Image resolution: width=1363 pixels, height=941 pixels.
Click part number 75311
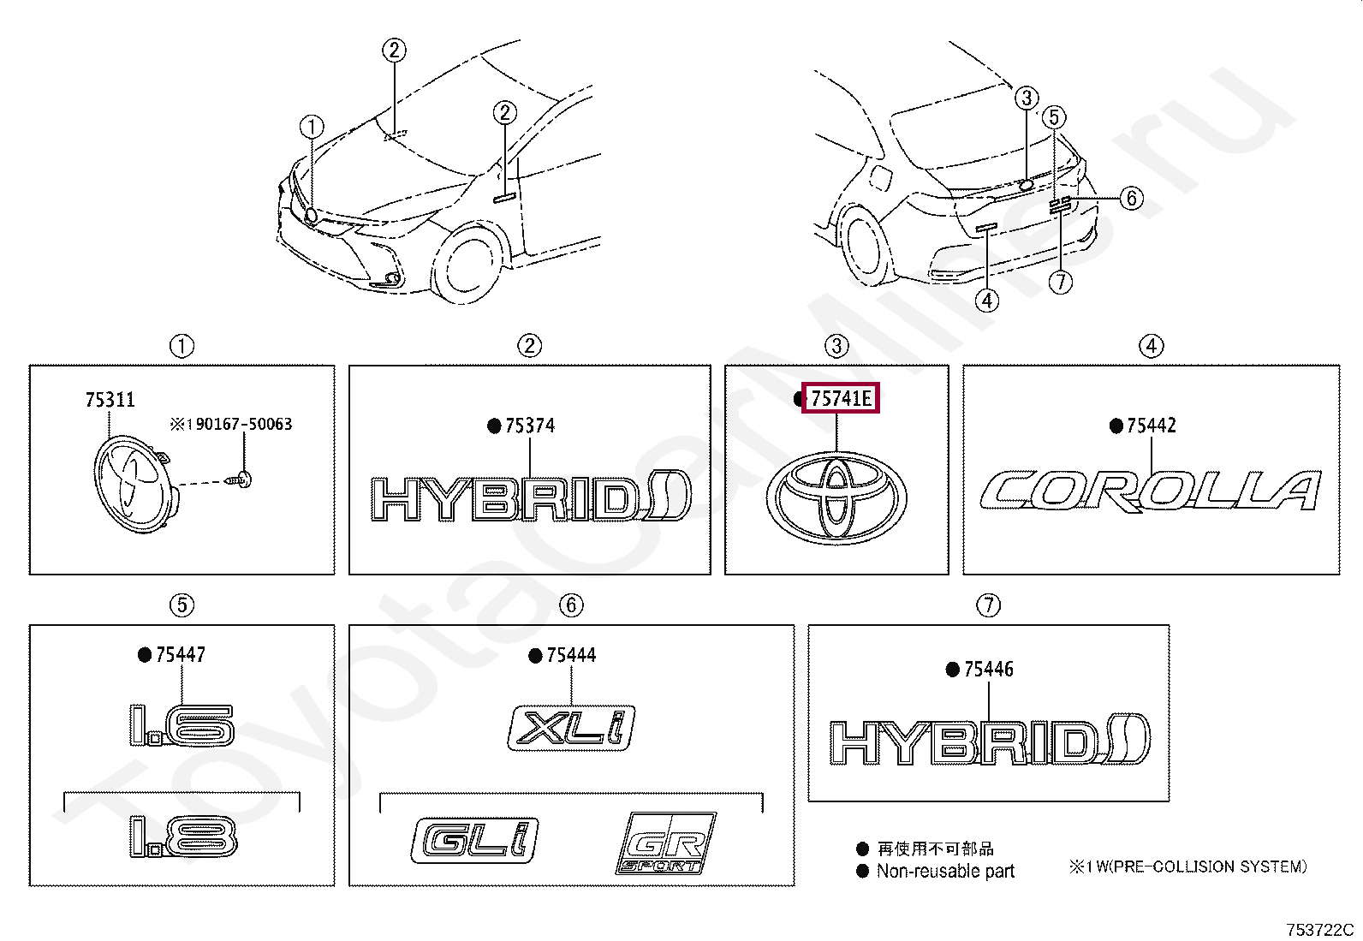click(110, 400)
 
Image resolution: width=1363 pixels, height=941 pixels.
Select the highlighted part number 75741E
click(840, 398)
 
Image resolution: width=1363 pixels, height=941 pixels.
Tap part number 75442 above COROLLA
click(1151, 426)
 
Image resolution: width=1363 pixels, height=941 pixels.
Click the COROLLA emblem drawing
click(1150, 491)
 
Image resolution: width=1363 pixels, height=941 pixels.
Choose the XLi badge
click(572, 728)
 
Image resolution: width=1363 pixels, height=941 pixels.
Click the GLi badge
click(475, 842)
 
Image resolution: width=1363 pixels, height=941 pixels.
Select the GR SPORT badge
click(665, 843)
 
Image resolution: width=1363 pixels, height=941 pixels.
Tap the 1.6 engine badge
click(181, 725)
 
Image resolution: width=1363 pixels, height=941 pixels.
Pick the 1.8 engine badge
click(182, 837)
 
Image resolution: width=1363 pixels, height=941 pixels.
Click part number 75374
click(529, 426)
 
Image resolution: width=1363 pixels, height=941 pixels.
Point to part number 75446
click(988, 670)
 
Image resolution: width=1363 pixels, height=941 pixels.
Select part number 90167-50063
click(235, 424)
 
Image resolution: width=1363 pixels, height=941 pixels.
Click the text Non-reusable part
click(945, 872)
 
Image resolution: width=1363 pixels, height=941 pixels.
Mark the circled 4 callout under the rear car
click(987, 301)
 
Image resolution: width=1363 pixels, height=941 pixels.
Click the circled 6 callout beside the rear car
click(1131, 199)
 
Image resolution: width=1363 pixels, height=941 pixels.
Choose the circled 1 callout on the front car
click(312, 128)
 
